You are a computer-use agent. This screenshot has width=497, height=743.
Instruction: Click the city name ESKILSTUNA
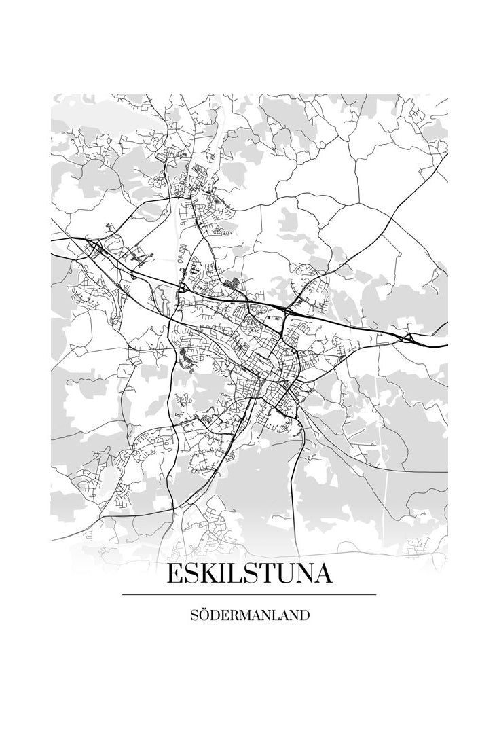[x=249, y=574]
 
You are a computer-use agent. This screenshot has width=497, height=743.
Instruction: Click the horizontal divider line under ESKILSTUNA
[x=249, y=595]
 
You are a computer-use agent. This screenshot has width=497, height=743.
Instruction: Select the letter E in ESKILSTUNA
[x=174, y=574]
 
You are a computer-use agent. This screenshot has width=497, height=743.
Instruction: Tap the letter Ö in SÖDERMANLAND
[x=205, y=616]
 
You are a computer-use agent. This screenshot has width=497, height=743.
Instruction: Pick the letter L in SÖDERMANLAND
[x=279, y=616]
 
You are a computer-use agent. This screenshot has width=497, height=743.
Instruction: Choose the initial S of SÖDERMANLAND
[x=196, y=616]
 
